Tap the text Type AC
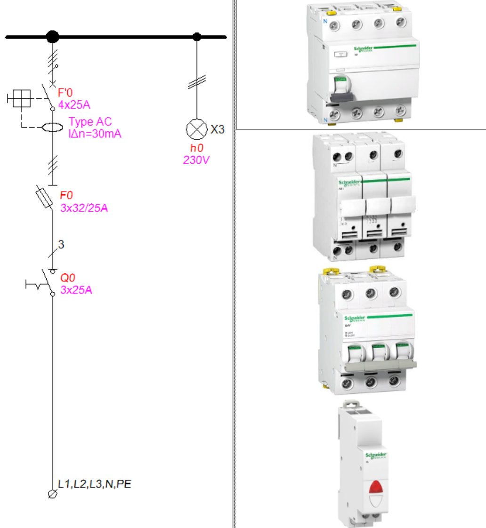tap(90, 122)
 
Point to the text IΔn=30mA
tap(95, 134)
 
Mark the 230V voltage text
tap(196, 160)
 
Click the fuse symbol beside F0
tap(44, 198)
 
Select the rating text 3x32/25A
tap(84, 208)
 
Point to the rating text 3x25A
tap(76, 290)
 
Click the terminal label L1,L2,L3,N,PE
tap(94, 483)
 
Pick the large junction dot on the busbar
tap(53, 36)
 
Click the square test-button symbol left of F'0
tap(21, 98)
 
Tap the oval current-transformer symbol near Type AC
tap(52, 128)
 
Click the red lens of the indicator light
tap(375, 487)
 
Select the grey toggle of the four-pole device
tap(341, 96)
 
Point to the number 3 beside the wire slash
tap(61, 244)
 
